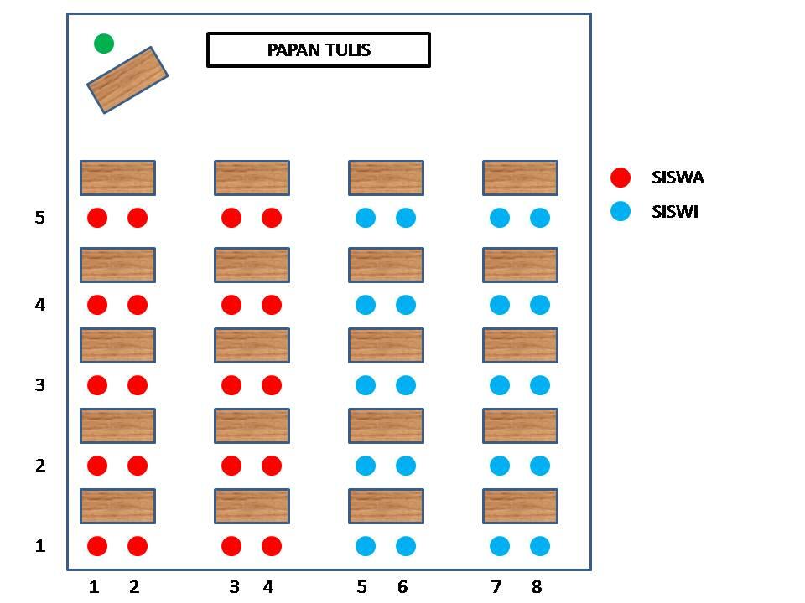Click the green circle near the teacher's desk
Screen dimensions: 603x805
click(104, 44)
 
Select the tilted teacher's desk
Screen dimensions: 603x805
click(127, 80)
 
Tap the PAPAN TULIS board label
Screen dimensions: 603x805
click(319, 50)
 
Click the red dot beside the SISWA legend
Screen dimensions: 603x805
click(621, 178)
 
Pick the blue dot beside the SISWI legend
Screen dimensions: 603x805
click(621, 212)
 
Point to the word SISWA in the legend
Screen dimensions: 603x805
click(678, 178)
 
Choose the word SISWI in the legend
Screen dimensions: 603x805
click(675, 212)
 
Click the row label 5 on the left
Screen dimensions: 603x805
click(40, 218)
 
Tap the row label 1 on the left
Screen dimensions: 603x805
click(40, 546)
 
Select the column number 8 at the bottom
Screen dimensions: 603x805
click(537, 587)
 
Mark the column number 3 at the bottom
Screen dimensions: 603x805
click(235, 587)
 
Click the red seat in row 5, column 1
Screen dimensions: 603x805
click(97, 218)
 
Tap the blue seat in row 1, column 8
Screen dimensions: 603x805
click(540, 546)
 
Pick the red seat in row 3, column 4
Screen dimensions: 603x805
click(272, 385)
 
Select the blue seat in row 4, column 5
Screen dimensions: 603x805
click(366, 305)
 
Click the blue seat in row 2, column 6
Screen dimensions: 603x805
click(406, 466)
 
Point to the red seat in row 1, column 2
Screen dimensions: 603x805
click(138, 546)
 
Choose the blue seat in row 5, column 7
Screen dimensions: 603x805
click(500, 218)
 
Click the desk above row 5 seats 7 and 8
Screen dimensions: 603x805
click(520, 178)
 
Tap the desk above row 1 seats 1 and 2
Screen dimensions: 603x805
click(117, 506)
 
